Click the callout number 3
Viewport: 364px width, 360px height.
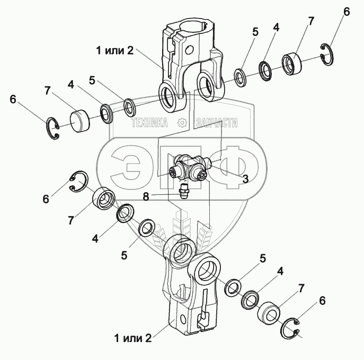pyautogui.click(x=245, y=179)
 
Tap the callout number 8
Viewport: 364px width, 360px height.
pyautogui.click(x=146, y=196)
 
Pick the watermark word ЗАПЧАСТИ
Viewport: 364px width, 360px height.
pyautogui.click(x=216, y=123)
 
